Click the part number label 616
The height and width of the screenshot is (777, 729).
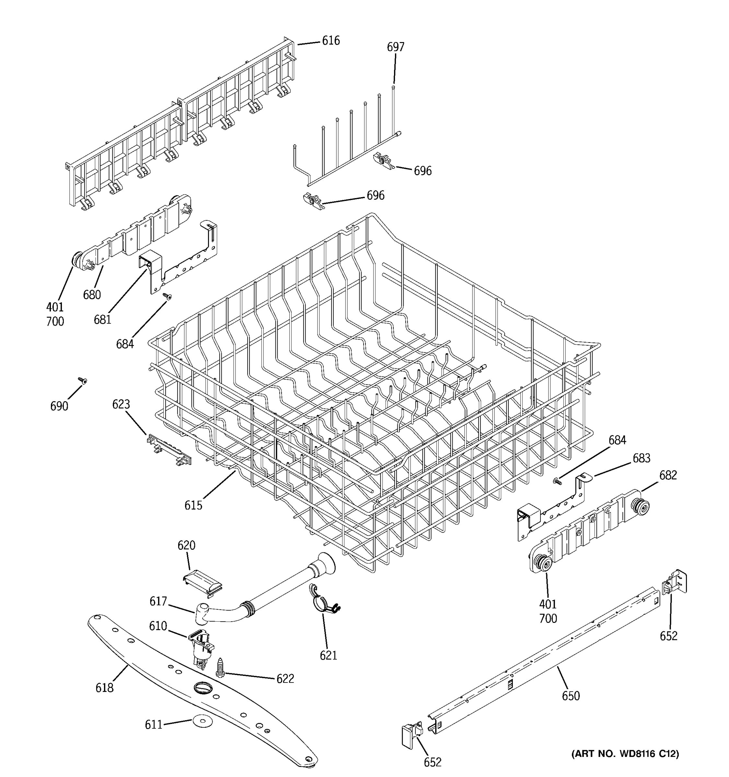pos(330,41)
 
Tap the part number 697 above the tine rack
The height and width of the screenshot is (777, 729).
pos(395,47)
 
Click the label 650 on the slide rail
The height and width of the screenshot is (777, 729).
pos(571,696)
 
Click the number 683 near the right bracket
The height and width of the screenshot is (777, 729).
pos(642,458)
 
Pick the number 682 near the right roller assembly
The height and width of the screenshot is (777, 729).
pos(667,475)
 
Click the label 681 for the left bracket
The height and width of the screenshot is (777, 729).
pos(102,320)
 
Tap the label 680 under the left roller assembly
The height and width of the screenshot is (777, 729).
pos(92,294)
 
